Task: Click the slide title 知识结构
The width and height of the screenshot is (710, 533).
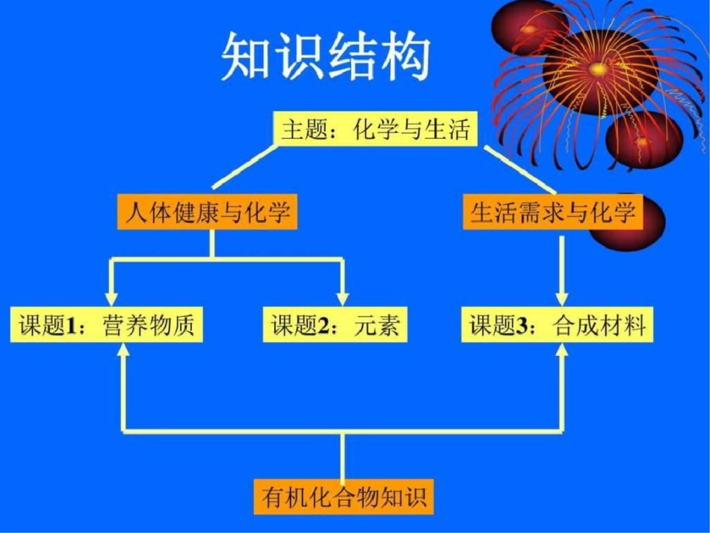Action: pyautogui.click(x=326, y=57)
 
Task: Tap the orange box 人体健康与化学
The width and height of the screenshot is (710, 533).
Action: pyautogui.click(x=207, y=212)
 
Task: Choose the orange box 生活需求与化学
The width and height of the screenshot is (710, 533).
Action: pyautogui.click(x=553, y=212)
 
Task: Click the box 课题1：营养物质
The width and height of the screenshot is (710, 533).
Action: pyautogui.click(x=107, y=326)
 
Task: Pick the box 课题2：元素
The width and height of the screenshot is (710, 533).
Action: pyautogui.click(x=335, y=326)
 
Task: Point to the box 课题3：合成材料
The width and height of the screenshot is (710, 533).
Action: pyautogui.click(x=558, y=326)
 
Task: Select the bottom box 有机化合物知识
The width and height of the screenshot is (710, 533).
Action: pyautogui.click(x=344, y=496)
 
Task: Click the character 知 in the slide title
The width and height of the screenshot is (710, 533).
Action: pyautogui.click(x=247, y=57)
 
